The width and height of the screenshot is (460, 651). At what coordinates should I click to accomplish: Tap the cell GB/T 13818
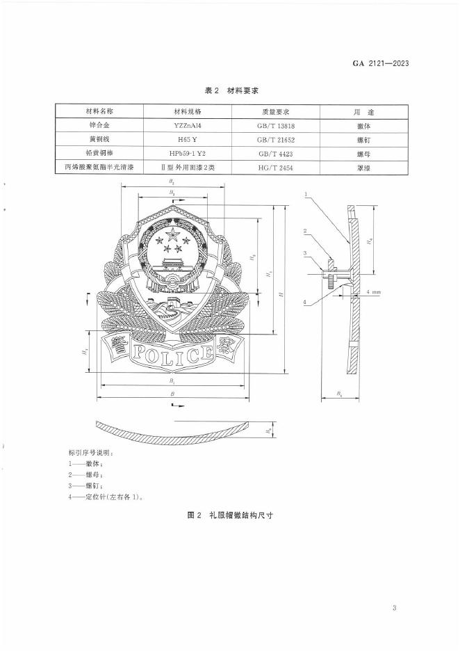click(276, 125)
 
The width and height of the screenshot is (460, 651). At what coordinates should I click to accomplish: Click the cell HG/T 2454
click(276, 167)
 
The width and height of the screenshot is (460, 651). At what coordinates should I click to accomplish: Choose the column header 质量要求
click(276, 111)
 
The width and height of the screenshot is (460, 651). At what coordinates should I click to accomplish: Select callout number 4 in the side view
click(305, 301)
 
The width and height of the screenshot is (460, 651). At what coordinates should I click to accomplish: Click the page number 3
click(393, 609)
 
